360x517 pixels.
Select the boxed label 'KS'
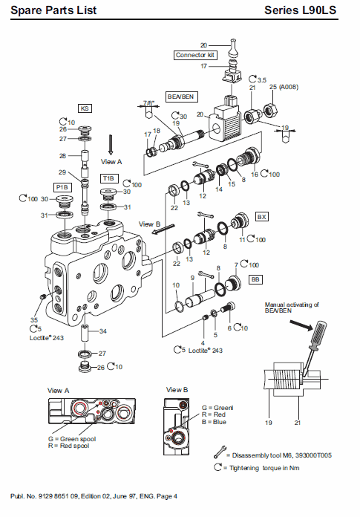point(85,108)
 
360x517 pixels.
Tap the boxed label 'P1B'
point(61,187)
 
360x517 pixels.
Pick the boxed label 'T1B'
point(108,179)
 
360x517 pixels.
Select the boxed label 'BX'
point(261,217)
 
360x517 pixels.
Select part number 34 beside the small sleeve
point(103,331)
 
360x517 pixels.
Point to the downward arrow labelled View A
point(110,143)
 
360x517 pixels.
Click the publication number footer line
point(94,495)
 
